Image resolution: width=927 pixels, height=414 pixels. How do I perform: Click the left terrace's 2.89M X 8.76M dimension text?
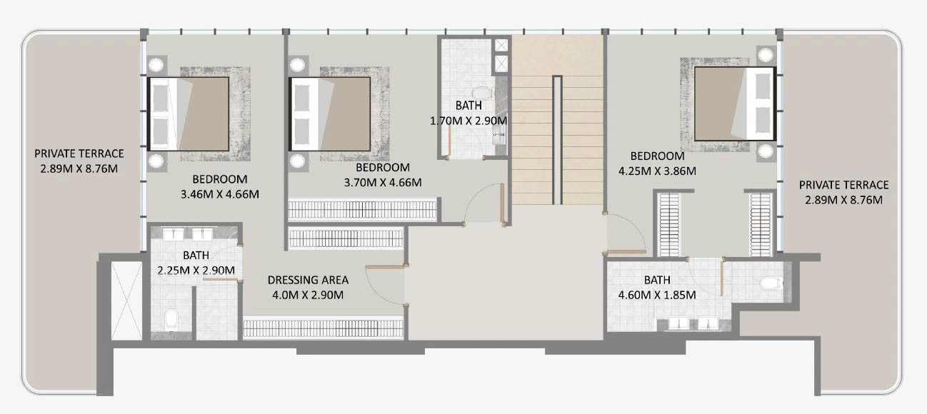(79, 168)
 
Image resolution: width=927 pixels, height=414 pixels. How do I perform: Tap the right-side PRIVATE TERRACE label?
(844, 185)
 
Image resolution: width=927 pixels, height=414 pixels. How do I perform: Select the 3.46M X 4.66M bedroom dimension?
(220, 194)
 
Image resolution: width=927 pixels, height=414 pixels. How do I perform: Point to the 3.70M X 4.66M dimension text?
(383, 183)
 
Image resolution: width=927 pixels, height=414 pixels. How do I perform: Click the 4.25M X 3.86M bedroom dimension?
(657, 171)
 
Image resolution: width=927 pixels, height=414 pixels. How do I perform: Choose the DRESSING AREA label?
(308, 280)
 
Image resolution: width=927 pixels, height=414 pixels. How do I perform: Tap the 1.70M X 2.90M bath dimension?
(468, 121)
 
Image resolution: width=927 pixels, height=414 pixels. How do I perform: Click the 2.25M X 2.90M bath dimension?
(196, 270)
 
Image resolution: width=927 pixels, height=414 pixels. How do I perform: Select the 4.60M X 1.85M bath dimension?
(657, 295)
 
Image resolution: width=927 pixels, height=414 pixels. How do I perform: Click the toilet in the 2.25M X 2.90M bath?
(171, 320)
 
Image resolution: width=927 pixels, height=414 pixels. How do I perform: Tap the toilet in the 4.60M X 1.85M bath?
(771, 283)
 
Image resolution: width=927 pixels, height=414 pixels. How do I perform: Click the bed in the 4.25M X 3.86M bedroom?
(734, 103)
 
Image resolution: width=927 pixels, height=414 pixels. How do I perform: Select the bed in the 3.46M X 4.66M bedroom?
(189, 113)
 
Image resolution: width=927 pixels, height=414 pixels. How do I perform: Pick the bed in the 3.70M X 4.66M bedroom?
(330, 113)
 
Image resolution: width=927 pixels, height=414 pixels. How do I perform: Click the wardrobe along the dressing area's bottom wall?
(323, 328)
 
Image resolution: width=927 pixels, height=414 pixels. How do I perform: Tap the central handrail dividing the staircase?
(557, 140)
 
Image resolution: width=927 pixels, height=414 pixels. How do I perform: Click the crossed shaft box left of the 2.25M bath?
(126, 301)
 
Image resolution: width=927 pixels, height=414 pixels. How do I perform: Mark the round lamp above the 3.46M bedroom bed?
(156, 65)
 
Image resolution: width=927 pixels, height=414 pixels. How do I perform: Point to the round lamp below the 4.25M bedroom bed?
(766, 151)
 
